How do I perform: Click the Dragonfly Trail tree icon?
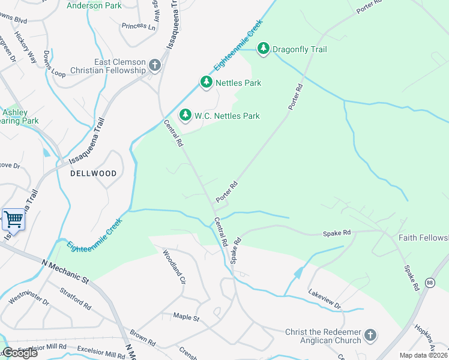[x=263, y=49]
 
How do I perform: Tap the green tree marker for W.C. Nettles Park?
[x=185, y=115]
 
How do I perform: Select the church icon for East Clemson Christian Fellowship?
[x=155, y=65]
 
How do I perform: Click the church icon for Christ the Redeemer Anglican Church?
[x=370, y=335]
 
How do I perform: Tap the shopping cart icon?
[x=13, y=219]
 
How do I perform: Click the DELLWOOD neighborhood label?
[x=92, y=173]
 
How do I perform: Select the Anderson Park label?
[x=94, y=6]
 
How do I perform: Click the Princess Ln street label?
[x=138, y=26]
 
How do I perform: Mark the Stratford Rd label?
[x=75, y=298]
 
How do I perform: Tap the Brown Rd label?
[x=143, y=339]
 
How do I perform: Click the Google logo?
[x=19, y=353]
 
